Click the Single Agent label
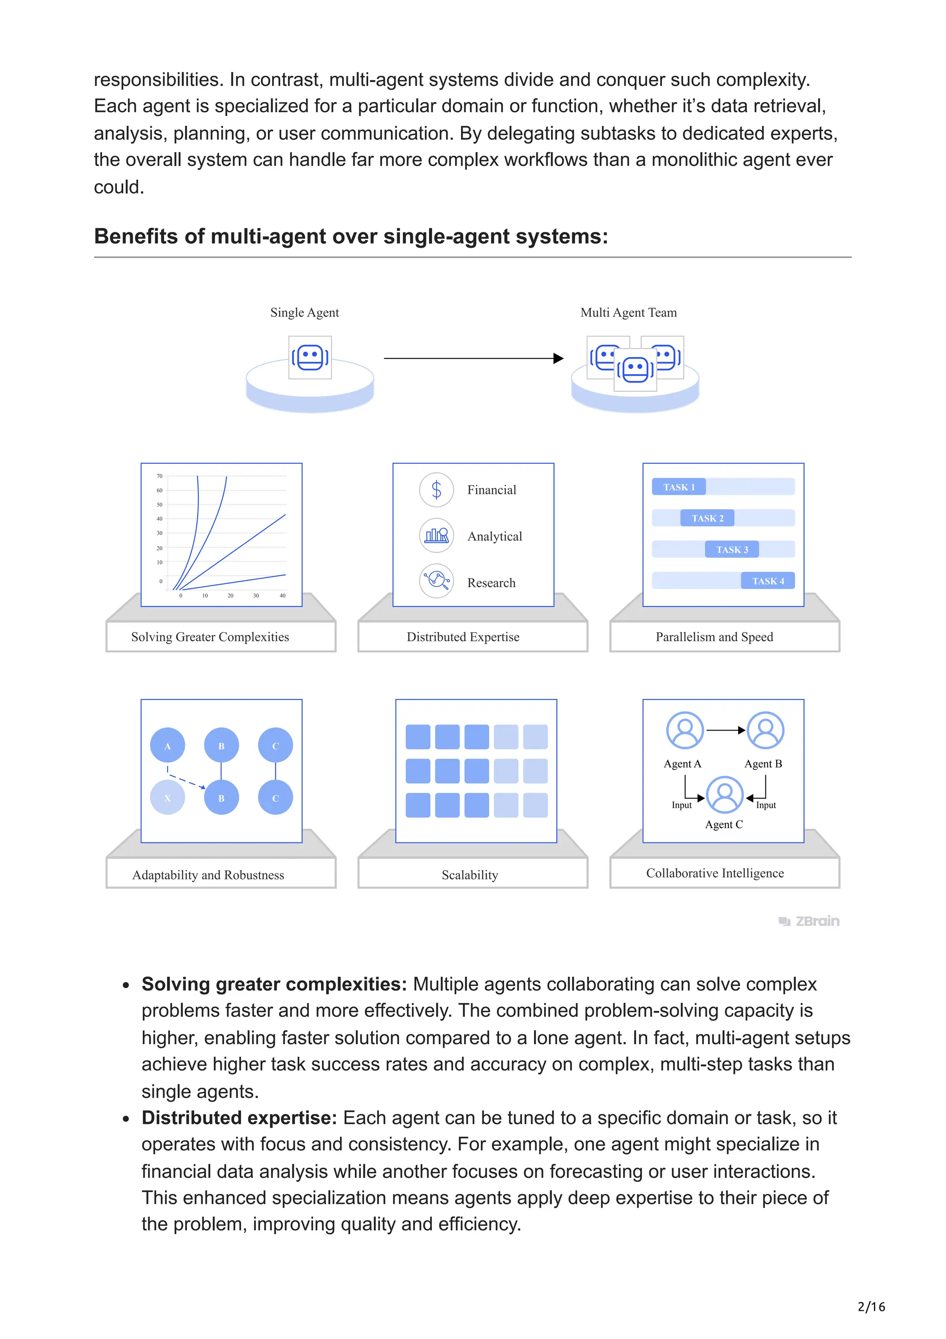pos(304,313)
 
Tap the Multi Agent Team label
pos(628,313)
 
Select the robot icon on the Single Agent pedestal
pos(310,358)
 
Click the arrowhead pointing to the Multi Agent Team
pos(558,358)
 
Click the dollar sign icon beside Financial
pos(437,489)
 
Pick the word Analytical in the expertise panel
pos(494,536)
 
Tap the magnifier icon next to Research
pos(437,581)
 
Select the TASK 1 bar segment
pos(679,487)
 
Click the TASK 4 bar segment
pos(768,581)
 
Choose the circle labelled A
pos(168,746)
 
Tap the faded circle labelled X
pos(168,798)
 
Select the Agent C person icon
pos(724,795)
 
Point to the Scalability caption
pos(470,875)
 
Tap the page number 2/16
pos(871,1306)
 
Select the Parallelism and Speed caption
pos(714,637)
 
